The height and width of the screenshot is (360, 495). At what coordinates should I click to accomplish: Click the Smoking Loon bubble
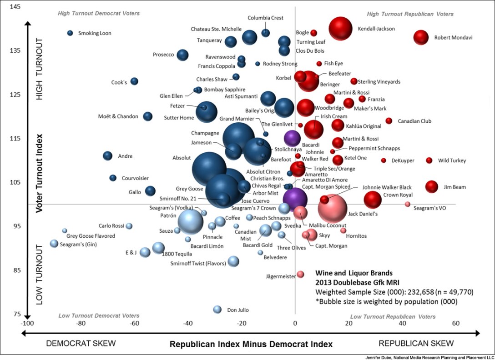(70, 33)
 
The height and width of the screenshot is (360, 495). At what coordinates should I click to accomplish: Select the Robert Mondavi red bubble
(421, 38)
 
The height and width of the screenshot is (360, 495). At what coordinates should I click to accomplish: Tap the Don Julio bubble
(217, 310)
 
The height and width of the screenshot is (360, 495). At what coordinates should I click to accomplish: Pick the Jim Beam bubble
(432, 186)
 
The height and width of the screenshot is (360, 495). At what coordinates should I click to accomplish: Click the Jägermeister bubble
(301, 274)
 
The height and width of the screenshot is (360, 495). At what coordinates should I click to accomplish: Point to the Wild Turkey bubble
(429, 160)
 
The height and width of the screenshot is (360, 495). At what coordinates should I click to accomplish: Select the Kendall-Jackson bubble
(340, 29)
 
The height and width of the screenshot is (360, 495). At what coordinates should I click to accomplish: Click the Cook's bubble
(134, 81)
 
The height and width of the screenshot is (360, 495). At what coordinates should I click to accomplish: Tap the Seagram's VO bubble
(408, 204)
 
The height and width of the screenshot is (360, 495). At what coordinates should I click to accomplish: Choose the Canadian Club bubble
(389, 121)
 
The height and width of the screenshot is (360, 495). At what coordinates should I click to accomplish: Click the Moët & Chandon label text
(118, 117)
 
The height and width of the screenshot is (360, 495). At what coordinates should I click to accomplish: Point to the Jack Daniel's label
(363, 213)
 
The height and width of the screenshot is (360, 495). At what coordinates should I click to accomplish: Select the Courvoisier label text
(135, 178)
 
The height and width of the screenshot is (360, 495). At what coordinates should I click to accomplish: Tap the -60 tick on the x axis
(135, 324)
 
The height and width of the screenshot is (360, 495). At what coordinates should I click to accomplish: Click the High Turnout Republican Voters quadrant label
(410, 14)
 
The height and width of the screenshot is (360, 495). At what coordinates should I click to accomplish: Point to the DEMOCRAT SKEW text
(81, 344)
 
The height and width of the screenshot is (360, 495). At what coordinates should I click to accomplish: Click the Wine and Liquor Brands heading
(354, 274)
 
